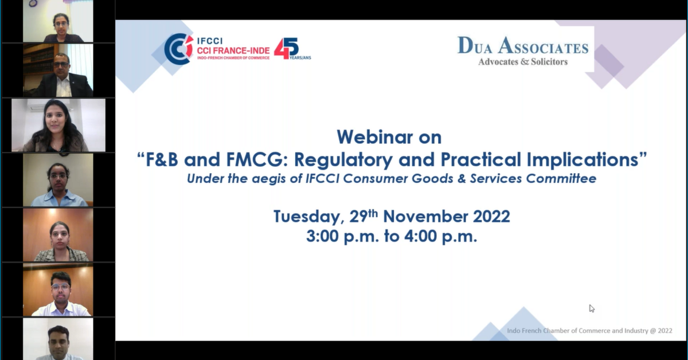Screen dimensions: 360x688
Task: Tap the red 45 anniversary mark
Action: pos(286,49)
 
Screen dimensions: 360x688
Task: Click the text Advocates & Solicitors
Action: pos(522,62)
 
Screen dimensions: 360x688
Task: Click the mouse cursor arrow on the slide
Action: pos(592,308)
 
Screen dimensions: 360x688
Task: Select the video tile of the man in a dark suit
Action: pos(58,71)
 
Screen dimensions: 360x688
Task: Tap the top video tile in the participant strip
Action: pos(58,21)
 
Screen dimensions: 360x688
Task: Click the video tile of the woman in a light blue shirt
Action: pos(58,180)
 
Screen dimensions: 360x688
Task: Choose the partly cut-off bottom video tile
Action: pos(58,339)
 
